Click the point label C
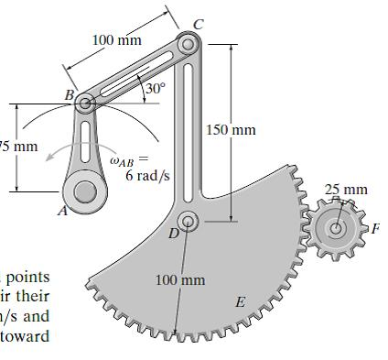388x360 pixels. (x=198, y=23)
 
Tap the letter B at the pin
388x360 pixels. (x=69, y=93)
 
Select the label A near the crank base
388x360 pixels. (x=62, y=210)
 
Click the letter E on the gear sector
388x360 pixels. (x=241, y=301)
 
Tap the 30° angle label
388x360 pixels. (x=156, y=89)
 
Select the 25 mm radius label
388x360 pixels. (x=347, y=191)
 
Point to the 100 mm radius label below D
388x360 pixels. (x=180, y=278)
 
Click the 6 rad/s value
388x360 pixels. (x=142, y=175)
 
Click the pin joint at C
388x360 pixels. (x=189, y=44)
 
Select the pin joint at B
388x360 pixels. (x=85, y=104)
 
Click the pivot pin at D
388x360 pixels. (x=189, y=220)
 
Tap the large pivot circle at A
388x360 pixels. (x=85, y=191)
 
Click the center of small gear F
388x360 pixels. (x=337, y=228)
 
